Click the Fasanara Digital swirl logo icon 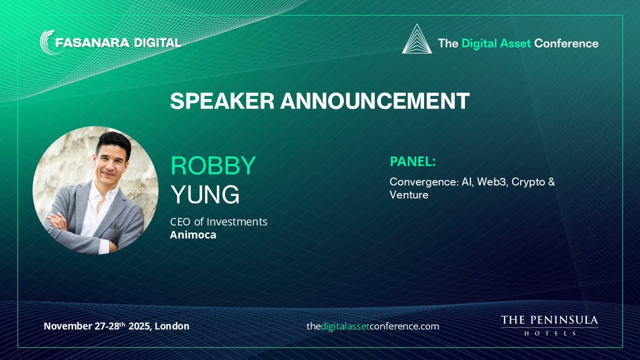49,42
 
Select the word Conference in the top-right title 566,43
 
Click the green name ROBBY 213,167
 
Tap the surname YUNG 205,195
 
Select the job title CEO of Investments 219,221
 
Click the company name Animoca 193,235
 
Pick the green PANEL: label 413,162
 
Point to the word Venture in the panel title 409,195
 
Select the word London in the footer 172,326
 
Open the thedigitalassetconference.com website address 372,326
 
